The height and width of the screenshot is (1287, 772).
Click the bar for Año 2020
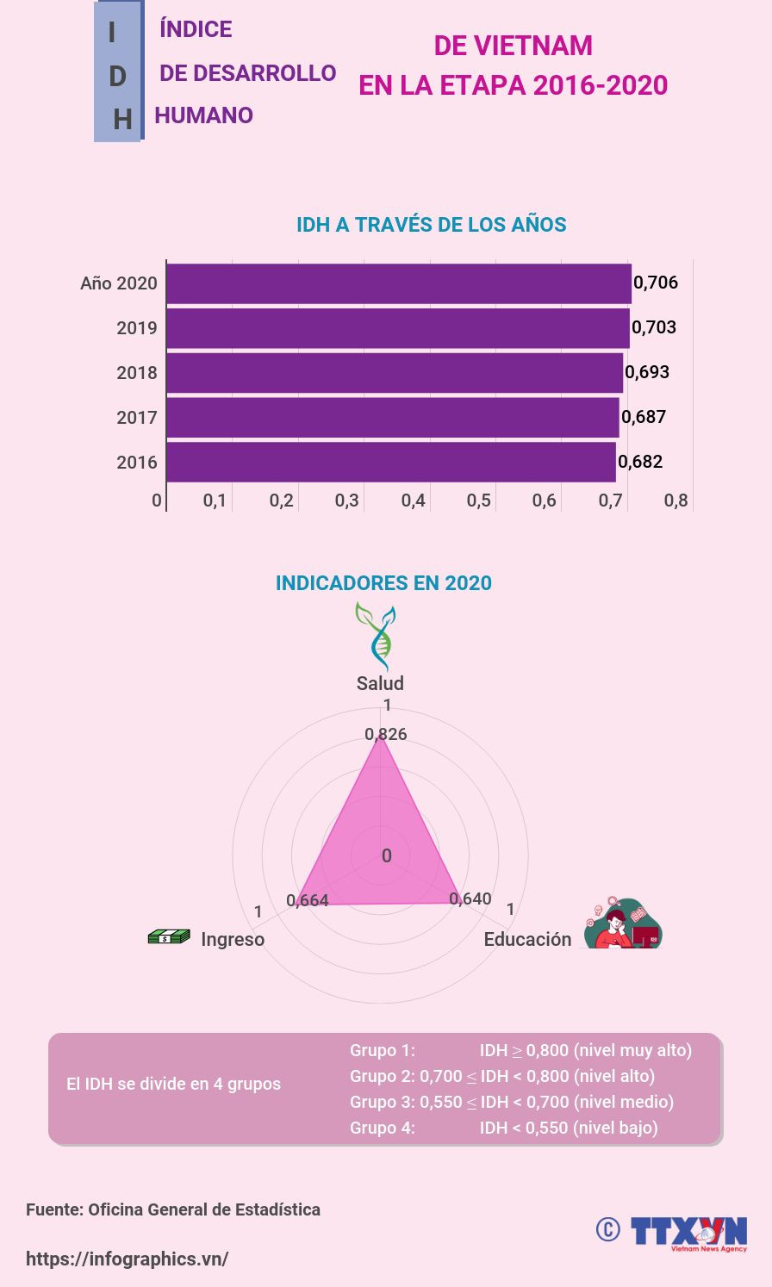(398, 283)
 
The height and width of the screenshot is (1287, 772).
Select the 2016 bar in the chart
(390, 462)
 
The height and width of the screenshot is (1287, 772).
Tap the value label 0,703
(654, 327)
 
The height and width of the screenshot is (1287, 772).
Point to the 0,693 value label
(647, 372)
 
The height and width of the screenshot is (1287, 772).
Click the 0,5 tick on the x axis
(479, 501)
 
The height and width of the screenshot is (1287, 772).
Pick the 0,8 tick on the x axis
(676, 501)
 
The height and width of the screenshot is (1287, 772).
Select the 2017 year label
(137, 418)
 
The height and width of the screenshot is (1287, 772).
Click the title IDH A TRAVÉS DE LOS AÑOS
(431, 225)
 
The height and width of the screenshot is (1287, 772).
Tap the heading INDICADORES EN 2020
(383, 583)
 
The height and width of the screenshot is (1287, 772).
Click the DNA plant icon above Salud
(377, 635)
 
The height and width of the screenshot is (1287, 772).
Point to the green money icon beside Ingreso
(169, 936)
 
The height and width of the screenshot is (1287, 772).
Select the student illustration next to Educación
(623, 923)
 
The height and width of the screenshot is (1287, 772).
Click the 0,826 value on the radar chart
(386, 734)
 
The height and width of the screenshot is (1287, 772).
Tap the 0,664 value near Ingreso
(308, 900)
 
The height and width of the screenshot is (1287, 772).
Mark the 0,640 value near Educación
(470, 898)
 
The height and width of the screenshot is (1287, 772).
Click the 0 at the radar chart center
(387, 855)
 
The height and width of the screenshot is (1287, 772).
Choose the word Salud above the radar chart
(380, 683)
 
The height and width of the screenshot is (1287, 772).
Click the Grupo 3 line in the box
(511, 1102)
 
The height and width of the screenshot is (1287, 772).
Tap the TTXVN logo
(688, 1232)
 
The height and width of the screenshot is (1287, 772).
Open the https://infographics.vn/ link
(127, 1259)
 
